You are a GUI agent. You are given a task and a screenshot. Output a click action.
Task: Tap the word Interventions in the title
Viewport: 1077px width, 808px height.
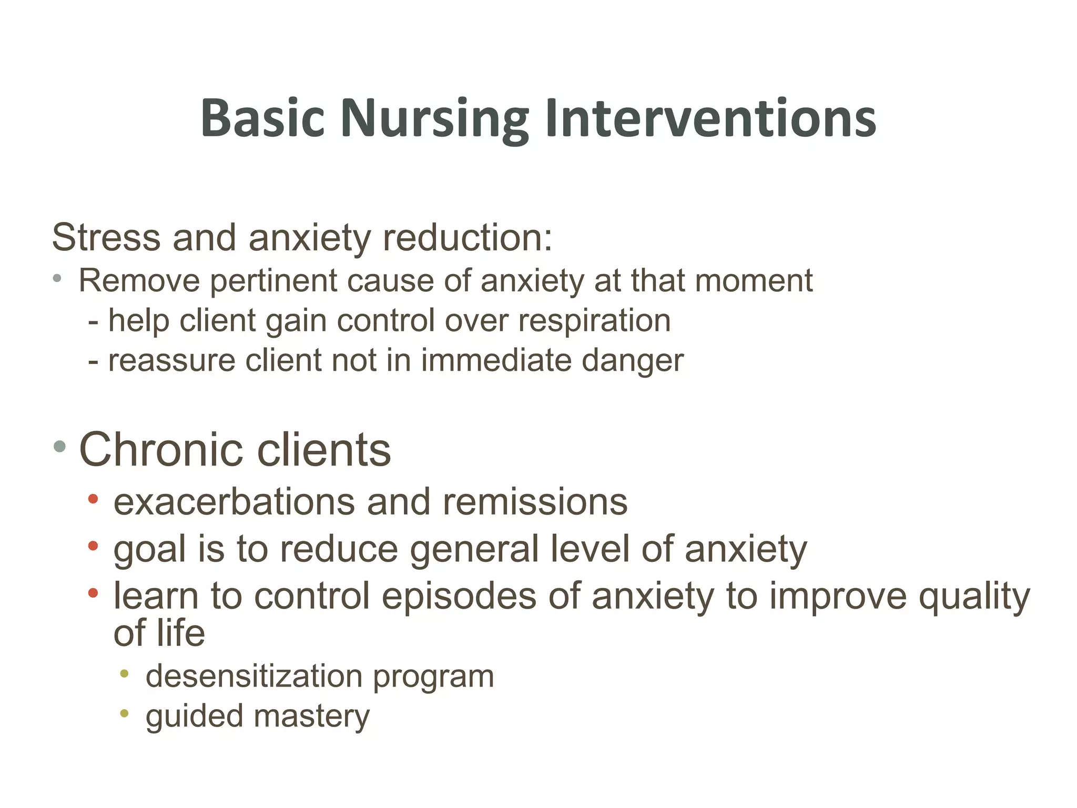coord(710,119)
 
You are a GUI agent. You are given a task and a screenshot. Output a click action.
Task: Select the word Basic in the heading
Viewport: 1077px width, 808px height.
coord(262,119)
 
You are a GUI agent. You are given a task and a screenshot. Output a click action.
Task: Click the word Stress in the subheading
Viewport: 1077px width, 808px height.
coord(106,238)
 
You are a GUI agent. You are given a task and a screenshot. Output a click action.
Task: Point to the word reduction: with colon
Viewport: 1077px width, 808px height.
coord(468,238)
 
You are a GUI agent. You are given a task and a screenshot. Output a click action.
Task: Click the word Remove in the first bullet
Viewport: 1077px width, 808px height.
coord(139,280)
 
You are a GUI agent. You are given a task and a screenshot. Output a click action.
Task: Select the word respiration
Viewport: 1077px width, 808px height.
coord(594,321)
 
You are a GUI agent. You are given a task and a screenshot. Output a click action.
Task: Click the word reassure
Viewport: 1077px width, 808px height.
coord(171,361)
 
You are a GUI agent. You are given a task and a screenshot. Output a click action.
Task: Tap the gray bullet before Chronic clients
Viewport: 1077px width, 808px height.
coord(59,447)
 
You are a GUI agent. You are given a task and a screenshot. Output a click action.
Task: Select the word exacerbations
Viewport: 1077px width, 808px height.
coord(235,502)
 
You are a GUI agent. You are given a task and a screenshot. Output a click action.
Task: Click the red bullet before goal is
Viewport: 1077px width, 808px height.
coord(93,547)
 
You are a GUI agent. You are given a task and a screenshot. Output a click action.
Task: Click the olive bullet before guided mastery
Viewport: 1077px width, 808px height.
coord(125,714)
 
